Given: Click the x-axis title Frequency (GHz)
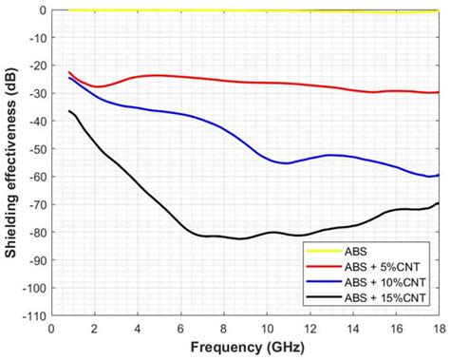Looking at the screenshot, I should point(245,348).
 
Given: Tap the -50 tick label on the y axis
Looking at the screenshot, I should point(36,149).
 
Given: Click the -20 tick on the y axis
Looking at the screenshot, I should point(36,66).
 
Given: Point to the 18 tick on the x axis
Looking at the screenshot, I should point(438,328).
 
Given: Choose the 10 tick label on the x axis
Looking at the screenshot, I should point(266,328).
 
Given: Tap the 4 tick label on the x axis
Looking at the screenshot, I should point(138,328).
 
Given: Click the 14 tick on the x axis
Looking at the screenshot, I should point(352,328).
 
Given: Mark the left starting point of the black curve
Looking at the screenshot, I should point(69,111).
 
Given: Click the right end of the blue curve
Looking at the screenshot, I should point(439,175).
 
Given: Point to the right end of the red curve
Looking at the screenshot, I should point(439,92).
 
